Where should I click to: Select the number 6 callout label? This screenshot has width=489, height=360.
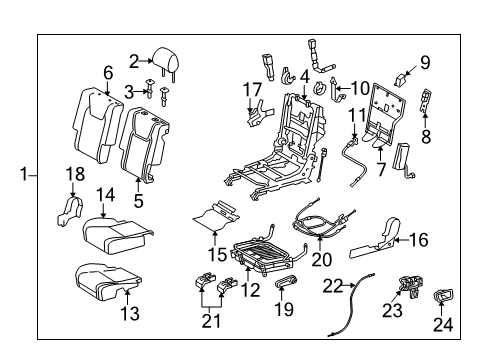108,73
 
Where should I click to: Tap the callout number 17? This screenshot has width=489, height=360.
252,90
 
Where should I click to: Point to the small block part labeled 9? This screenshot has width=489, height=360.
402,79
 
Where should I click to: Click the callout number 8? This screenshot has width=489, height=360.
426,137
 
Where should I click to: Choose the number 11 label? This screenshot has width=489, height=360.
357,116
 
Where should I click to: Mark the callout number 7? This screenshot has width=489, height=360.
381,169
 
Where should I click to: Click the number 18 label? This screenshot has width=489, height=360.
75,174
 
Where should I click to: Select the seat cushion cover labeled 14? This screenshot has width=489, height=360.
117,236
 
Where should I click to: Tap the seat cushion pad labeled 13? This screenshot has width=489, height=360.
106,280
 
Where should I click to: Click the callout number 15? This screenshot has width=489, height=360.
218,254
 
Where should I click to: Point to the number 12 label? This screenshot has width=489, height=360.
250,290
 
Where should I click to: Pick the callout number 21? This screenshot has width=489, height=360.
211,321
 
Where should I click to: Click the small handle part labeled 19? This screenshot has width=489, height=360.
286,282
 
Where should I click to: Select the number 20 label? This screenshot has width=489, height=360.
322,259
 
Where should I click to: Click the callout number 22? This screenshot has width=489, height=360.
333,286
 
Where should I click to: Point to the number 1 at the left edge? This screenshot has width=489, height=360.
24,174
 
